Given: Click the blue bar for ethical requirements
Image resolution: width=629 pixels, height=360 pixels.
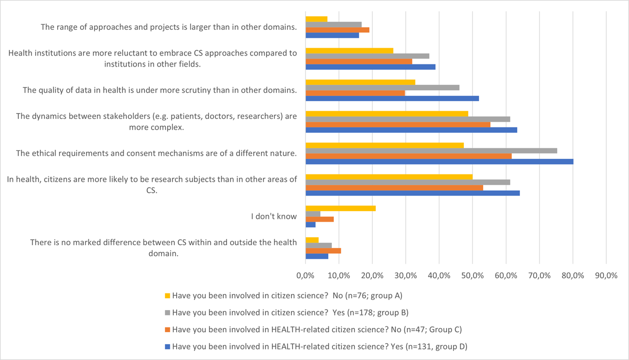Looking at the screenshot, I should (439, 161).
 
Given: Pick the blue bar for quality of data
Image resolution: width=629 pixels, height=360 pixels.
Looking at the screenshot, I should (392, 99).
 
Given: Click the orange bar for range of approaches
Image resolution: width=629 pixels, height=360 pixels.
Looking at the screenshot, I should (337, 30).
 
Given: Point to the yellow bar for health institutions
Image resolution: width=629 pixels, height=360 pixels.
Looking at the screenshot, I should (349, 50).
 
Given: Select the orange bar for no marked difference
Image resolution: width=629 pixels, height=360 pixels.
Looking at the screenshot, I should (323, 250).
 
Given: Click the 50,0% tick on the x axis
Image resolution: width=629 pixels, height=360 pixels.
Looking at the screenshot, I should (472, 275).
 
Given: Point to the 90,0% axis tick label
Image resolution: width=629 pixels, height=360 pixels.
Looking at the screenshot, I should (606, 275).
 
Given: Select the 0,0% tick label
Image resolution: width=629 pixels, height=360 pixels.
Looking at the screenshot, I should (306, 275).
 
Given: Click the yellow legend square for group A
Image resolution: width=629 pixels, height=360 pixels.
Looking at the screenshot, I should (168, 296).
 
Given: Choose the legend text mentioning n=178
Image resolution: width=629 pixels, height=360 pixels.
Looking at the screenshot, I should (290, 312).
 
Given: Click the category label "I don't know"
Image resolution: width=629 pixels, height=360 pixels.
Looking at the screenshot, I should (280, 216).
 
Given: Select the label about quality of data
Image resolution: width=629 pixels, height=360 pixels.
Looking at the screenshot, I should (160, 90).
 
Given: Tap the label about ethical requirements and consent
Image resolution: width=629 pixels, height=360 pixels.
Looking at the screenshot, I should (157, 153).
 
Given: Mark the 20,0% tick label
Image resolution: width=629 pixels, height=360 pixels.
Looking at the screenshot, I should (372, 275).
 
